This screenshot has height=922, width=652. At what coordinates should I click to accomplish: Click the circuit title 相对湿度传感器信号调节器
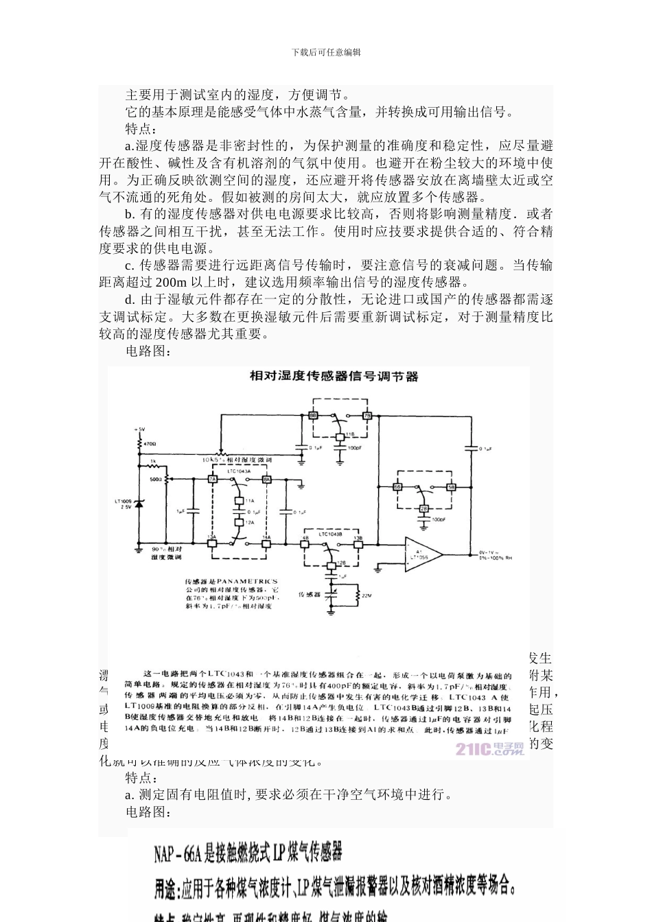(x=333, y=377)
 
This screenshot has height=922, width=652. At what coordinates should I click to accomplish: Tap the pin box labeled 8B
(x=313, y=416)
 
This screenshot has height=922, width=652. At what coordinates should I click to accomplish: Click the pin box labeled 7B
(x=367, y=416)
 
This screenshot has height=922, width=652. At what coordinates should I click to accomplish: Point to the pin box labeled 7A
(x=213, y=478)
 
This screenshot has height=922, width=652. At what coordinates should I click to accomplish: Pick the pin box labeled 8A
(x=267, y=478)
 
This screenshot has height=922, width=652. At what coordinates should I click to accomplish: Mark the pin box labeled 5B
(x=451, y=486)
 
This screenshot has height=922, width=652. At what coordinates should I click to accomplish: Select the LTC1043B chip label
(x=331, y=533)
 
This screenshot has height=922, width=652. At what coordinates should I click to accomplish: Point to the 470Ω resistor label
(x=150, y=445)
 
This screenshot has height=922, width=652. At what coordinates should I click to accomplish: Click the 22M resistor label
(x=366, y=595)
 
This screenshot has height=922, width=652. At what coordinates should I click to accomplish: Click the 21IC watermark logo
(x=489, y=748)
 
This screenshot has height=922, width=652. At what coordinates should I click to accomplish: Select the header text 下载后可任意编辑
(x=326, y=52)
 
